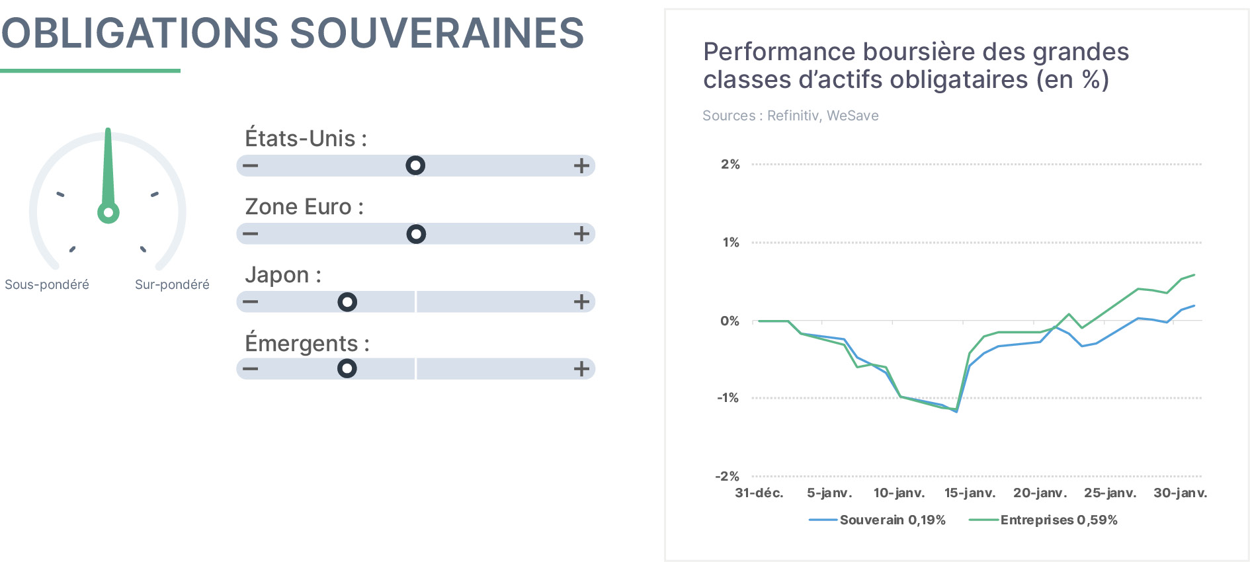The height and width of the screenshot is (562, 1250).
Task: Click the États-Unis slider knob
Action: pyautogui.click(x=415, y=165)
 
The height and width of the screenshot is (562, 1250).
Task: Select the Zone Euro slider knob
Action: pyautogui.click(x=416, y=234)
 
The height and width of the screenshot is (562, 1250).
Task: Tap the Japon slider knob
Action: pyautogui.click(x=347, y=302)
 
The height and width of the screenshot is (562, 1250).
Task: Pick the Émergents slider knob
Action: pyautogui.click(x=347, y=368)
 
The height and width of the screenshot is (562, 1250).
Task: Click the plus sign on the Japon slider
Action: pyautogui.click(x=581, y=302)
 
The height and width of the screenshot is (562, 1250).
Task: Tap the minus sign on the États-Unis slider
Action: pyautogui.click(x=250, y=165)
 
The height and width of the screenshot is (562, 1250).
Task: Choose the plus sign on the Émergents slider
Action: pyautogui.click(x=581, y=369)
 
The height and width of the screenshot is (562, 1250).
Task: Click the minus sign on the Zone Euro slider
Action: pyautogui.click(x=250, y=234)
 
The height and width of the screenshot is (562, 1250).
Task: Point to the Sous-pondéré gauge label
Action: pyautogui.click(x=47, y=285)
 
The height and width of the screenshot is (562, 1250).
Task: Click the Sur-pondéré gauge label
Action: pyautogui.click(x=172, y=285)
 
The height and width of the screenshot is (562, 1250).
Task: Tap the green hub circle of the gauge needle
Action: pyautogui.click(x=108, y=213)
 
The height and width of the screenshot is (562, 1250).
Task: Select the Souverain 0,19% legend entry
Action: pyautogui.click(x=877, y=520)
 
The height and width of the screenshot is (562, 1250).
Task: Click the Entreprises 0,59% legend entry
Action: pyautogui.click(x=1043, y=520)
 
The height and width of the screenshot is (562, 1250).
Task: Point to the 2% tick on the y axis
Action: pyautogui.click(x=730, y=164)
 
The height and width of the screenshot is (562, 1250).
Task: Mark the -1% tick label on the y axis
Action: pyautogui.click(x=728, y=398)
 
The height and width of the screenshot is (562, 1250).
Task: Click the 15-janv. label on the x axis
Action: pyautogui.click(x=970, y=493)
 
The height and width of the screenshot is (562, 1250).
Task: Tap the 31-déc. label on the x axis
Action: pyautogui.click(x=759, y=493)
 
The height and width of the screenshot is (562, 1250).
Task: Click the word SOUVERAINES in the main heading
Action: pyautogui.click(x=437, y=33)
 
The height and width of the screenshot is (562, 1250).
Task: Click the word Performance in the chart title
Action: pyautogui.click(x=780, y=52)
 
